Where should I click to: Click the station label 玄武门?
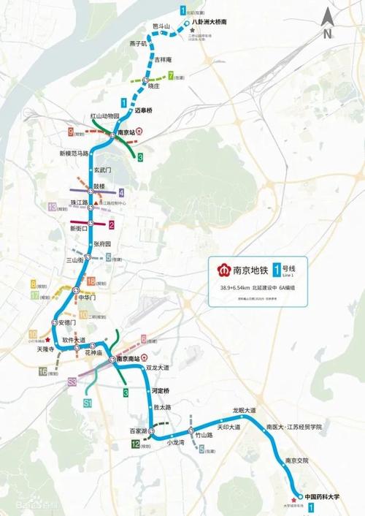point(106,169)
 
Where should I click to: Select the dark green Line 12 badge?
point(136,444)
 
